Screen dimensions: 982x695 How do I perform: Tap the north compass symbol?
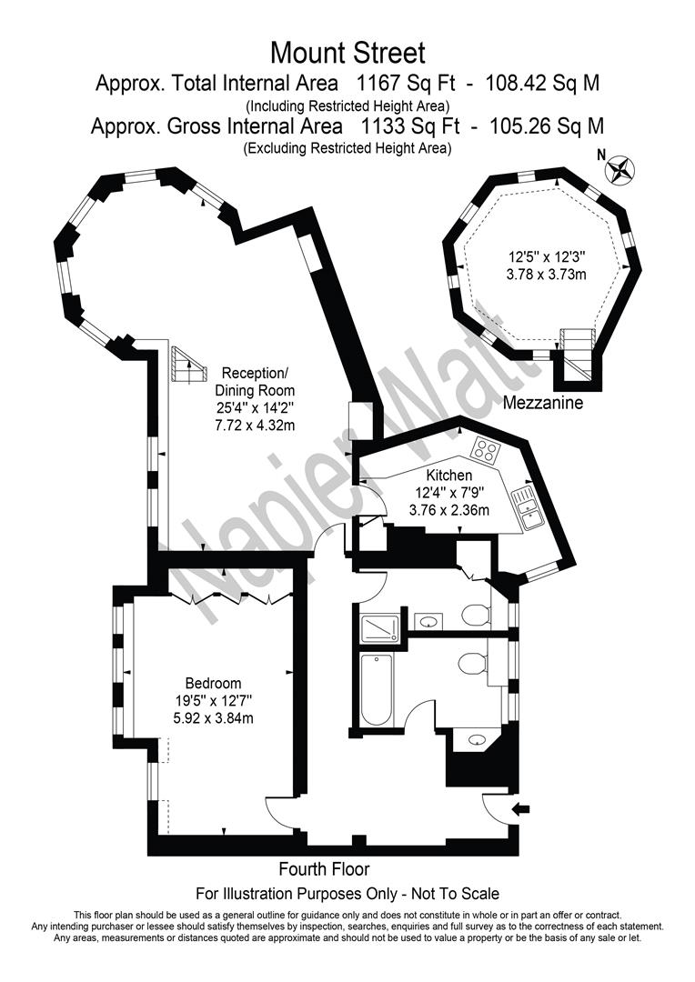click(622, 168)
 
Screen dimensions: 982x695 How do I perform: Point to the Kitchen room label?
click(449, 475)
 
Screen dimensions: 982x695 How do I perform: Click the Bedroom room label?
click(213, 684)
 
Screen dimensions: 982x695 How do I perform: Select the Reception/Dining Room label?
click(256, 383)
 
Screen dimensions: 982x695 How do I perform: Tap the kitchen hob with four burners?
click(484, 449)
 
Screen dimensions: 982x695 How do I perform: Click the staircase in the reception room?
click(186, 368)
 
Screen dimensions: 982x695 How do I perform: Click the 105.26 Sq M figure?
click(546, 125)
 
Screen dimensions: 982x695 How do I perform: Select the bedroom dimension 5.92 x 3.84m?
click(213, 718)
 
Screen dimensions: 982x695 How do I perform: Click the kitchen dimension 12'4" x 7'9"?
click(449, 492)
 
